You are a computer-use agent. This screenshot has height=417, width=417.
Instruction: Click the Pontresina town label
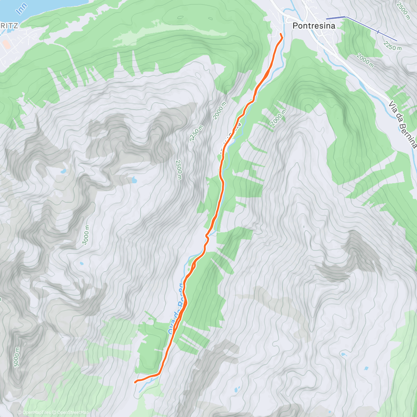click(x=314, y=26)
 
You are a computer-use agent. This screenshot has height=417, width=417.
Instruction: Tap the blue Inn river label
click(x=22, y=9)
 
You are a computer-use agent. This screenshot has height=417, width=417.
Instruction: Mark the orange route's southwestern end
click(x=135, y=382)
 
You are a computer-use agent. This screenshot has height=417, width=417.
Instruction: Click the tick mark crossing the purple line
click(x=378, y=32)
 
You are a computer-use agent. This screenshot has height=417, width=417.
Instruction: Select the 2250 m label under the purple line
click(x=392, y=45)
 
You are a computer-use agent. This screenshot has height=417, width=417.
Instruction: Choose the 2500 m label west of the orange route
click(x=179, y=170)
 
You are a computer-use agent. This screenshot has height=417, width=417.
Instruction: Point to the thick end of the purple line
click(x=336, y=18)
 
